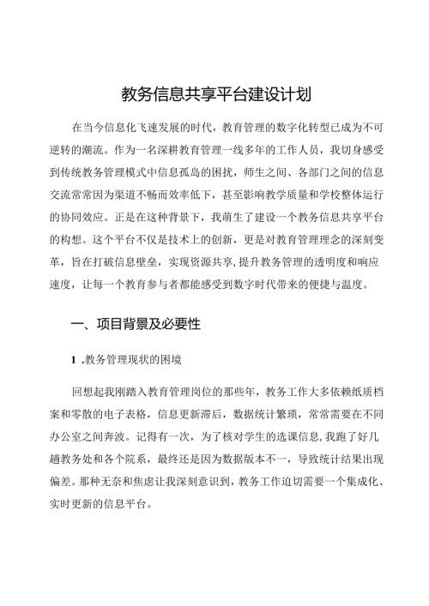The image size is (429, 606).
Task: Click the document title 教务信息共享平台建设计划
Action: point(214,93)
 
